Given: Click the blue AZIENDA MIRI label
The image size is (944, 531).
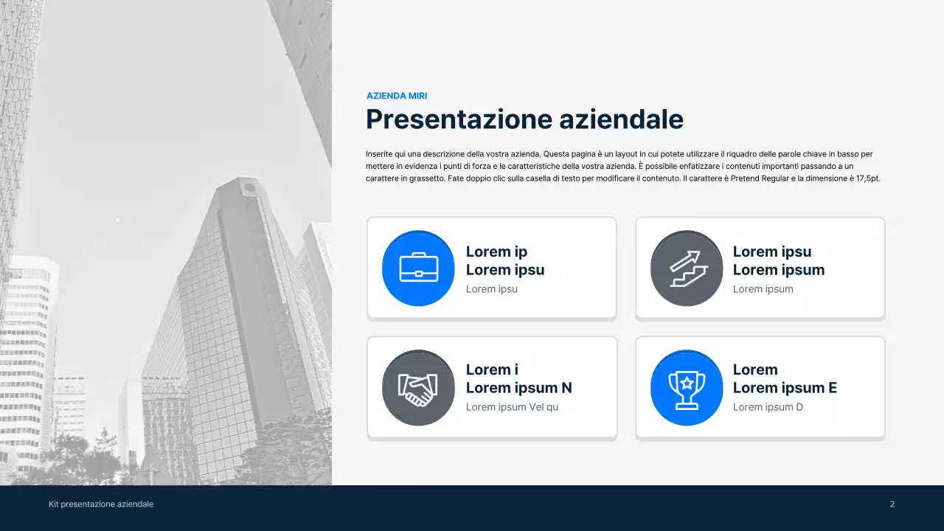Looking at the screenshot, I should [x=397, y=96].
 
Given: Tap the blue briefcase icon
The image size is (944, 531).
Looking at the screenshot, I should [x=418, y=268].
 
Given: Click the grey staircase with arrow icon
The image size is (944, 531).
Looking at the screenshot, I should [x=687, y=268].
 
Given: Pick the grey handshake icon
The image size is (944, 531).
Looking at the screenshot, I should [x=418, y=387].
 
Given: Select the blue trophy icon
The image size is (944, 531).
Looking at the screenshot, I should [x=687, y=387].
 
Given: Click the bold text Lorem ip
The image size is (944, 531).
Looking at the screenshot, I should [x=496, y=251].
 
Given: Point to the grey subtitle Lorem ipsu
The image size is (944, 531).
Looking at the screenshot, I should [x=492, y=289].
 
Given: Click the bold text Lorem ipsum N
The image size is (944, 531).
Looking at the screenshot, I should [x=518, y=388].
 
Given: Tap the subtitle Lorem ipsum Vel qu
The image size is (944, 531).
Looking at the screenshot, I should [x=512, y=407].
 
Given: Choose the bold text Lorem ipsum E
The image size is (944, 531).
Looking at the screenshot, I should [x=785, y=388].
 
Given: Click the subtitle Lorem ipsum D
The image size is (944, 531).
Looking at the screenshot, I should [x=768, y=407].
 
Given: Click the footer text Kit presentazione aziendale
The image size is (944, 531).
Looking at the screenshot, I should [x=101, y=504].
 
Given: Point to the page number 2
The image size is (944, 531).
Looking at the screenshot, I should [x=892, y=504].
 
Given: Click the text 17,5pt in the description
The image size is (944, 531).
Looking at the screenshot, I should [x=867, y=178].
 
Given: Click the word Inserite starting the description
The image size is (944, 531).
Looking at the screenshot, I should [x=381, y=154].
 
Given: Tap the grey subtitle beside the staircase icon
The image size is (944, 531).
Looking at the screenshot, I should [x=763, y=289].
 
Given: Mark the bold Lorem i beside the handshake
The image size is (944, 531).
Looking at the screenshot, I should [x=492, y=369].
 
